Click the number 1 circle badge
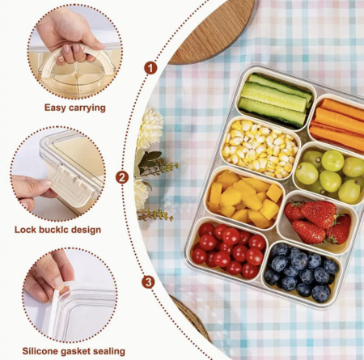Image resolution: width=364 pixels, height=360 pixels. pos(150,68)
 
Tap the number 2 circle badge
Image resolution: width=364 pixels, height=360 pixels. pos(122,178)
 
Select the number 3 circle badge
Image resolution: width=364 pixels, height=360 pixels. pos(148,282)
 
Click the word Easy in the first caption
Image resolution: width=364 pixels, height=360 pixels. pos(55,108)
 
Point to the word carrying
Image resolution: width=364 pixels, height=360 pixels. pos(87,108)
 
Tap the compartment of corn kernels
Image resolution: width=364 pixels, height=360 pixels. pos(260,148)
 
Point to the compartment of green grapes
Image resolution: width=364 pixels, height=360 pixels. pos(330,173)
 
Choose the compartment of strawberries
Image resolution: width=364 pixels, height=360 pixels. pos(317,222)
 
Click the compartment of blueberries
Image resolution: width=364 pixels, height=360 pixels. pos(301,273)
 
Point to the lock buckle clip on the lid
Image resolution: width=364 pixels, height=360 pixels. pos(74,185)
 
